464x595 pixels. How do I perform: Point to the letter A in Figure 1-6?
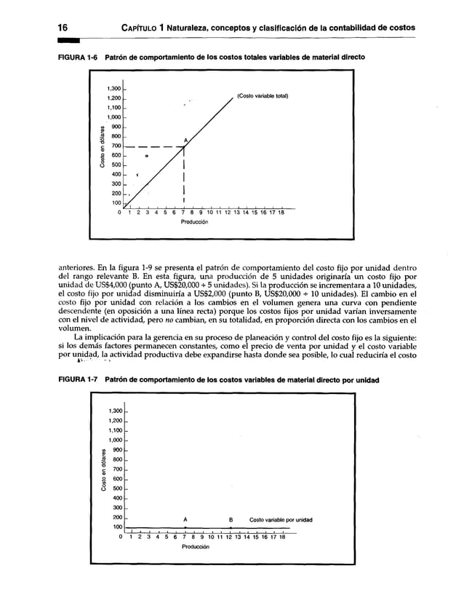[x=185, y=140]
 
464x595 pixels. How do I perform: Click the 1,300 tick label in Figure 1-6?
[x=111, y=88]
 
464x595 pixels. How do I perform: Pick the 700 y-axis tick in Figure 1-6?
[x=114, y=146]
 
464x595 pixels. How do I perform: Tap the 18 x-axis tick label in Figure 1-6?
[x=281, y=213]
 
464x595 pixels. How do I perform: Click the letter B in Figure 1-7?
[x=231, y=519]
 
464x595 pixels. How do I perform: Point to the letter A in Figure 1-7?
[x=185, y=519]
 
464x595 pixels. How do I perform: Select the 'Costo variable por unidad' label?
[x=281, y=520]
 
